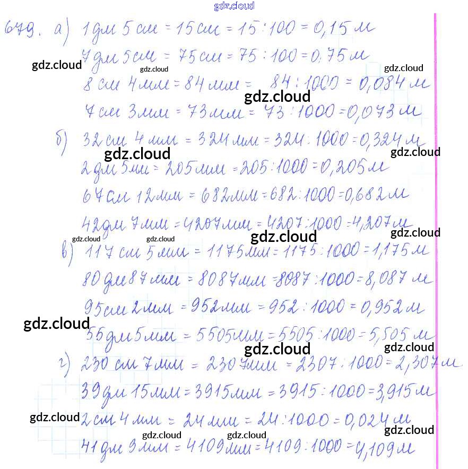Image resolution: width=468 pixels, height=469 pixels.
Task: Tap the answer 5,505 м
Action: [391, 334]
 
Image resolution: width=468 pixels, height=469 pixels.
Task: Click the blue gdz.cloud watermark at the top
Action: [234, 6]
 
